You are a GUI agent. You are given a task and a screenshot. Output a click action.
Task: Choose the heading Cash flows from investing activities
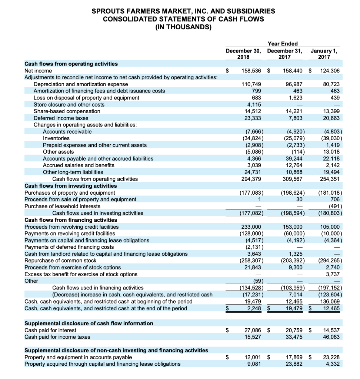pyautogui.click(x=70, y=186)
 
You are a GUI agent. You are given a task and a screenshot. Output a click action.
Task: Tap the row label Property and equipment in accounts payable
pyautogui.click(x=78, y=357)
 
